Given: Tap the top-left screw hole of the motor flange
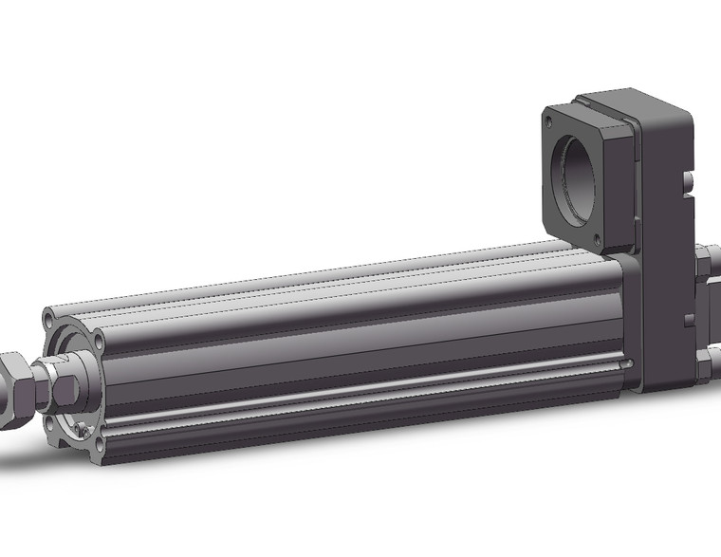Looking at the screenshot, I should [x=548, y=121].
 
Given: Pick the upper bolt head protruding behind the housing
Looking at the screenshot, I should [x=708, y=262].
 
